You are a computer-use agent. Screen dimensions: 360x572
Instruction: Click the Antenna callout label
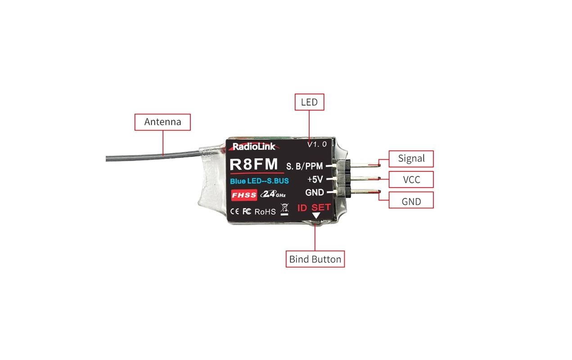click(x=162, y=122)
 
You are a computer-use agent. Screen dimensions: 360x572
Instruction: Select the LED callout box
click(x=309, y=102)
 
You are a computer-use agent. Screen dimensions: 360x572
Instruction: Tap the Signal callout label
click(x=411, y=158)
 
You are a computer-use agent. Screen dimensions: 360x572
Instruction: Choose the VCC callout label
click(x=411, y=180)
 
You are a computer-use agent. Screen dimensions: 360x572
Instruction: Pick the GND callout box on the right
click(x=411, y=201)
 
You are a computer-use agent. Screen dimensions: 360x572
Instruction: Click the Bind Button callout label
click(x=315, y=259)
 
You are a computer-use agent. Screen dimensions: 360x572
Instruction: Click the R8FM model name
click(x=254, y=164)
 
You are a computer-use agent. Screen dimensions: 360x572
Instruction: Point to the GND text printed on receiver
click(x=315, y=193)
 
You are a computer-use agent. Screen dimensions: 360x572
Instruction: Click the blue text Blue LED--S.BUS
click(x=259, y=181)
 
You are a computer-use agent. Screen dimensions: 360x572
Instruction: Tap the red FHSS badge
click(x=243, y=195)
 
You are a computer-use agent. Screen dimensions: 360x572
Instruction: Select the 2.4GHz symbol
click(x=273, y=195)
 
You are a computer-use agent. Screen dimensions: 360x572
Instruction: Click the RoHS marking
click(x=265, y=211)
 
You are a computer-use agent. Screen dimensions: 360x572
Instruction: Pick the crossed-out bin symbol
click(x=284, y=210)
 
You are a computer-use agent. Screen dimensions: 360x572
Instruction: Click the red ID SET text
click(x=314, y=208)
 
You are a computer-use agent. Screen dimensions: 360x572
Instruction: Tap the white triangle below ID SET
click(x=316, y=216)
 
